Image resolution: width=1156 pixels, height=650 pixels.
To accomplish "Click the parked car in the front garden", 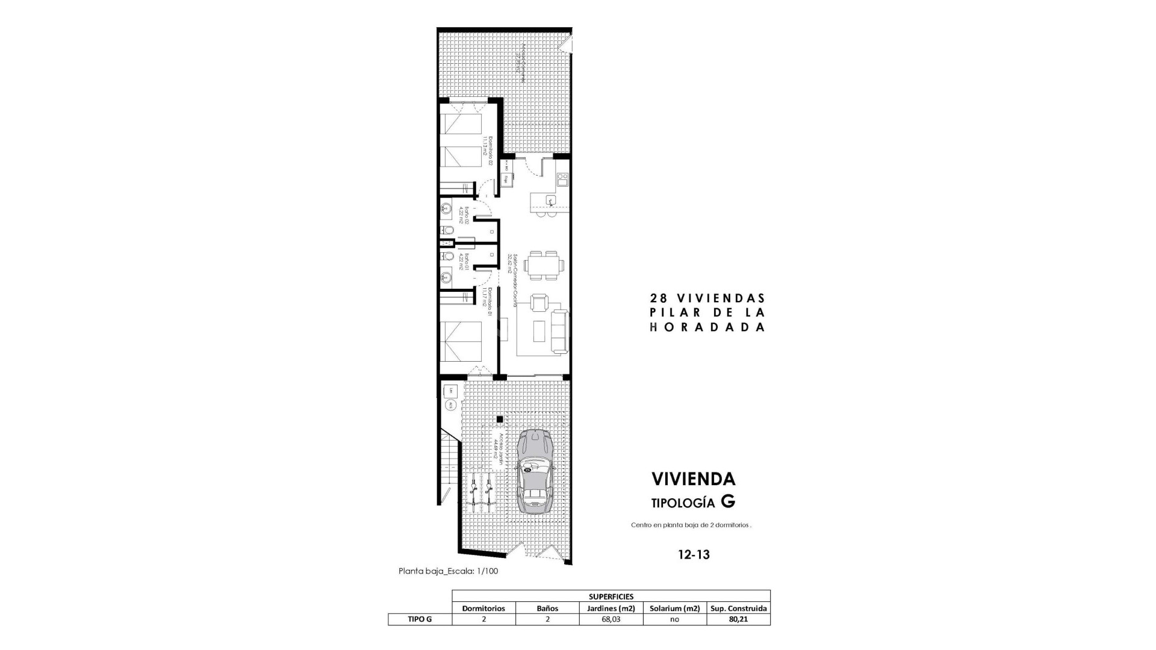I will click(x=535, y=471).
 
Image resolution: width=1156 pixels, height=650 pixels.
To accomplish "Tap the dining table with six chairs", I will click(x=544, y=265).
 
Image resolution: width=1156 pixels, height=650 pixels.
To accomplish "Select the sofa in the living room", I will click(x=560, y=330).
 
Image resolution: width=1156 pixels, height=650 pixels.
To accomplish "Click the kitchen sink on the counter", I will click(x=550, y=200).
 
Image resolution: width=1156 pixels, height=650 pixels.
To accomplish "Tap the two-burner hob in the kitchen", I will click(x=562, y=178).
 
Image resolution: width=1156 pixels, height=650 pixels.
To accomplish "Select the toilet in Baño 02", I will click(x=448, y=231).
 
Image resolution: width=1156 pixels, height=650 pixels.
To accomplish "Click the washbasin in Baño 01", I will click(x=446, y=277).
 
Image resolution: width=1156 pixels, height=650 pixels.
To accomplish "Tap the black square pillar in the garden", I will click(x=499, y=419).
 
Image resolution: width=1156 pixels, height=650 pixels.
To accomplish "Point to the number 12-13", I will click(x=694, y=555).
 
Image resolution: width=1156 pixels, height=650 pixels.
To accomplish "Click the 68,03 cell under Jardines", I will click(x=611, y=619).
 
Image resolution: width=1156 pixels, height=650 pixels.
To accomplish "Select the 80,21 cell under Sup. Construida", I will click(x=738, y=619).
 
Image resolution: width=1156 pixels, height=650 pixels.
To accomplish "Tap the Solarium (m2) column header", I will click(x=674, y=608).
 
